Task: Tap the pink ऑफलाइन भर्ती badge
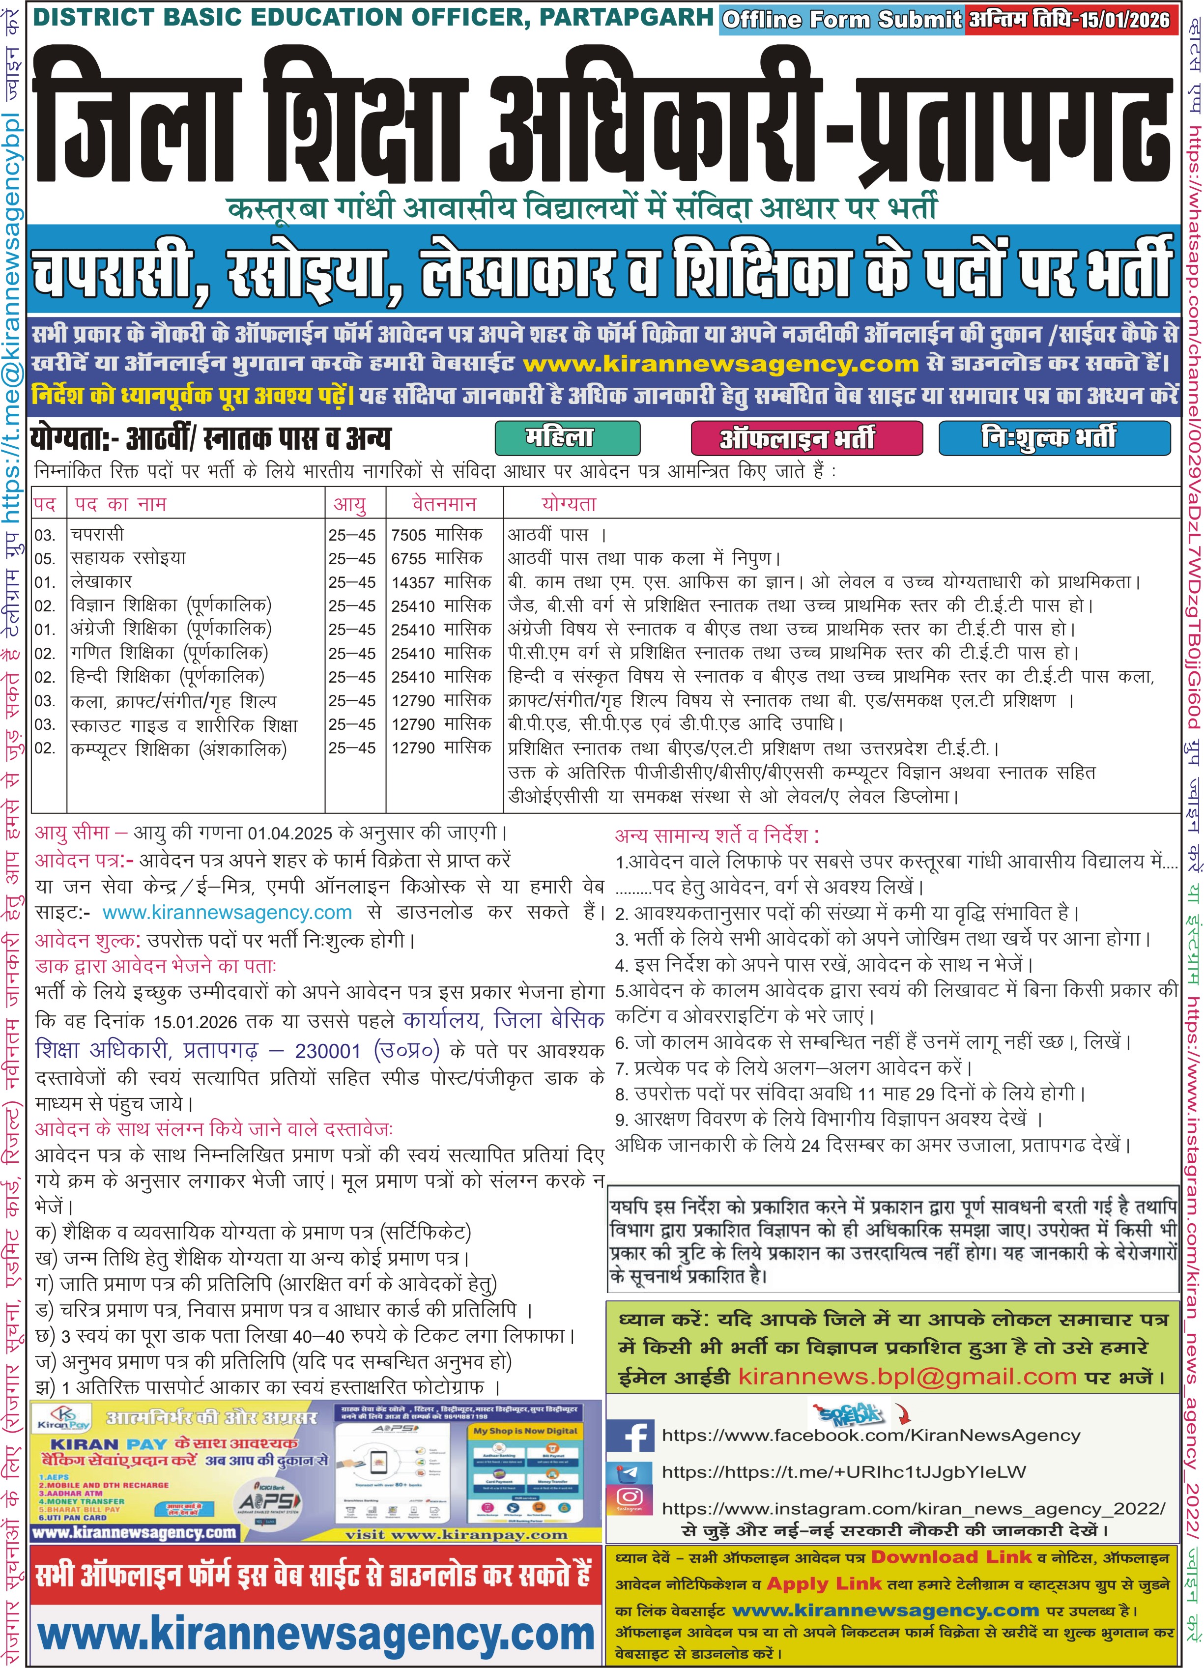pyautogui.click(x=806, y=439)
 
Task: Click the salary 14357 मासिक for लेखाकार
pyautogui.click(x=441, y=582)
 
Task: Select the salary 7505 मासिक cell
pyautogui.click(x=437, y=534)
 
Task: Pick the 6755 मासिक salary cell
pyautogui.click(x=437, y=558)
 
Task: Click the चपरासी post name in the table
pyautogui.click(x=98, y=534)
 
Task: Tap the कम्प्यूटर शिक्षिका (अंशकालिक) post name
pyautogui.click(x=179, y=749)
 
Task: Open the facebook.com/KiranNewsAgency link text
pyautogui.click(x=870, y=1435)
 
